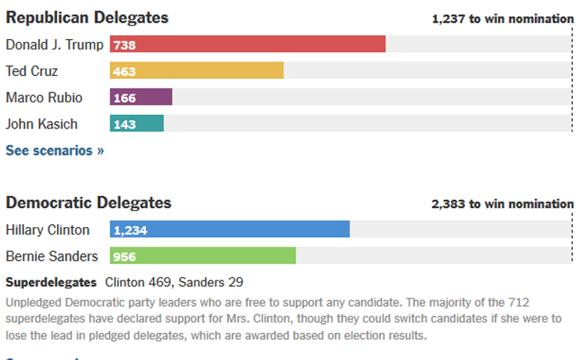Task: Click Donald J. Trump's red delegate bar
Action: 248,44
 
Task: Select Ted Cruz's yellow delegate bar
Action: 197,71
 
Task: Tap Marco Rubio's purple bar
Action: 141,98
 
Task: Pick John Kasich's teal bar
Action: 137,124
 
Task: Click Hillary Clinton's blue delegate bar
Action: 230,229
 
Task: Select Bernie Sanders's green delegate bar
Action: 203,256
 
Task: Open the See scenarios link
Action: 55,150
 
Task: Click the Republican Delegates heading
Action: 87,17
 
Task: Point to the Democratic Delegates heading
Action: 89,202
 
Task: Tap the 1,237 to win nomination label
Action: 503,19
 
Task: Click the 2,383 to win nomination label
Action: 502,204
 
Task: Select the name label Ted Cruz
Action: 32,71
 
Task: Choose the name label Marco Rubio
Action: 44,98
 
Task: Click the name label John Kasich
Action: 41,124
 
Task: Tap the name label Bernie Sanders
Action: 52,256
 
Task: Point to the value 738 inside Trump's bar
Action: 125,45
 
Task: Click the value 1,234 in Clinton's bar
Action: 131,230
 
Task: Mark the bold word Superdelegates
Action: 51,283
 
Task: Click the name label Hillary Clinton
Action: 47,230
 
